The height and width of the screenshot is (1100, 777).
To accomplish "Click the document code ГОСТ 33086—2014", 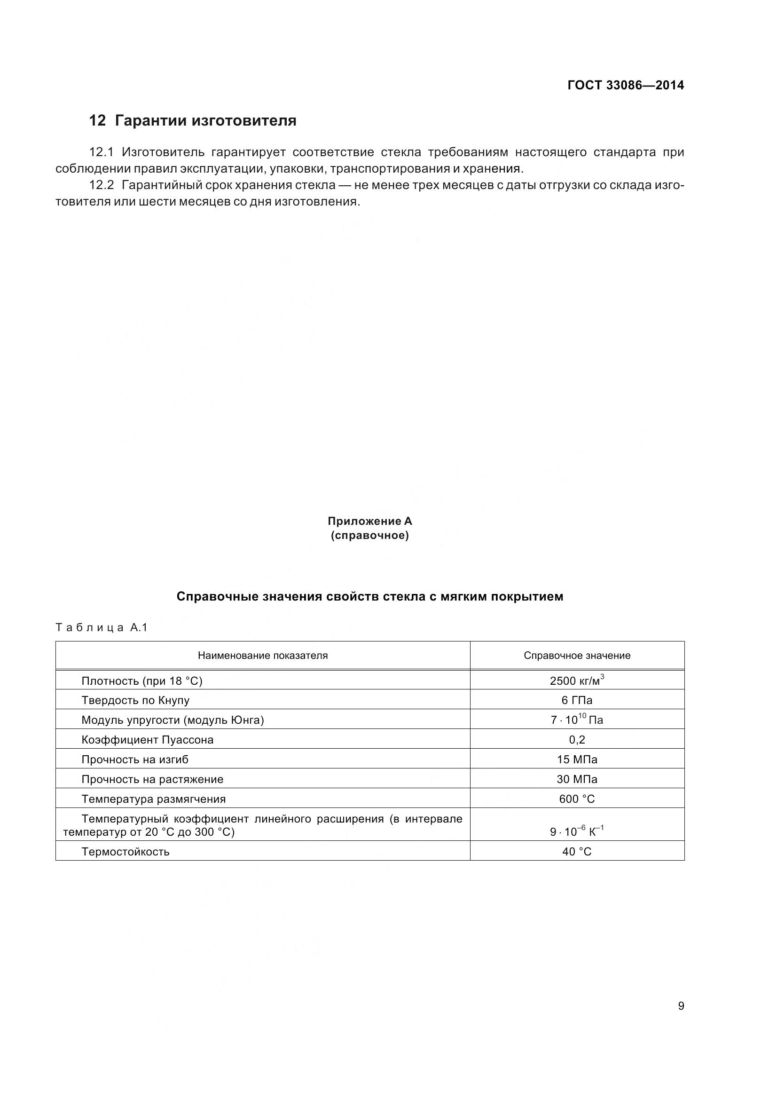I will [625, 85].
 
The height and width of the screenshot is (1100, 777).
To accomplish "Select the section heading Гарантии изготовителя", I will [205, 120].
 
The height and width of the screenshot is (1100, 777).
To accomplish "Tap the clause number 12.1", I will [101, 152].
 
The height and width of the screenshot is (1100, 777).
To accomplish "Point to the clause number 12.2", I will [101, 185].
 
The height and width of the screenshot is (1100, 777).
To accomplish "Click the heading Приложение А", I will [369, 521].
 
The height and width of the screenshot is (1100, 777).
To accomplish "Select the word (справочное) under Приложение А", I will [369, 536].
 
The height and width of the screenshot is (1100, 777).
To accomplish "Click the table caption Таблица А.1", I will [102, 628].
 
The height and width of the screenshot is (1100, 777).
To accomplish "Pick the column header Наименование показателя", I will [263, 656].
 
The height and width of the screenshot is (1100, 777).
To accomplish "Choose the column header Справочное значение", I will [577, 656].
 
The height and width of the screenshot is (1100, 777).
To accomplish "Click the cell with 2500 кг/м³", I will [576, 681].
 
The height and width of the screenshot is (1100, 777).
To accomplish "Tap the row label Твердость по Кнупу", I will [135, 700].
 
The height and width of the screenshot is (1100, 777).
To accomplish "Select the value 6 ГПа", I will [577, 700].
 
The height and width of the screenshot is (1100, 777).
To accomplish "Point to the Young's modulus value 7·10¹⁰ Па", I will [576, 720].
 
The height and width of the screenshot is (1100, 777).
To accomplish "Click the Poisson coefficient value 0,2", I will [577, 740].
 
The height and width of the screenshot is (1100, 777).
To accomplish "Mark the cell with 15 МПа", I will [577, 760].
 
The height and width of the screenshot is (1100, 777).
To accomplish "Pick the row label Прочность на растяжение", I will [152, 779].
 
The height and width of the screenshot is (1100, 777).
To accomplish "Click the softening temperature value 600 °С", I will [577, 799].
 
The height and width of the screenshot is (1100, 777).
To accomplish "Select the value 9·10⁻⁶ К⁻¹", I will [576, 831].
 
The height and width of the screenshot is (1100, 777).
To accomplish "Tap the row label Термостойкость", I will [126, 851].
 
